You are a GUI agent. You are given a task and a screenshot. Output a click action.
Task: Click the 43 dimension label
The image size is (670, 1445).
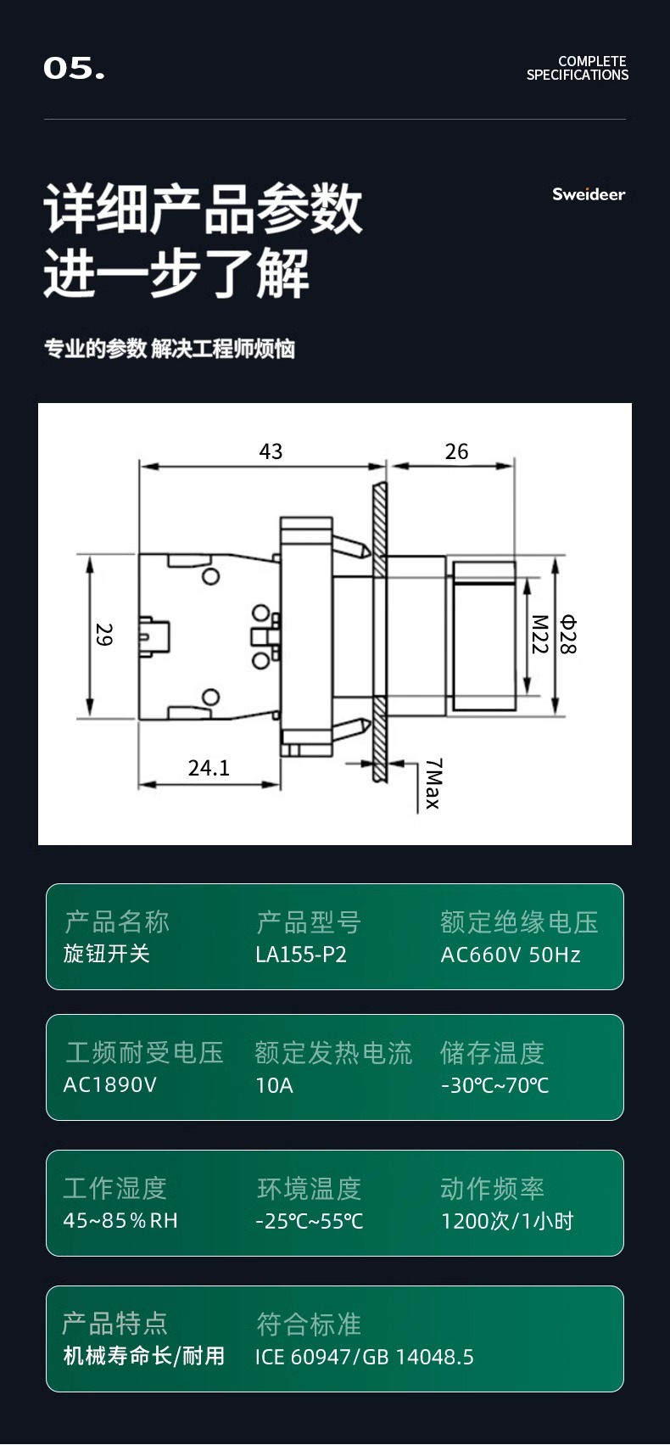click(x=271, y=451)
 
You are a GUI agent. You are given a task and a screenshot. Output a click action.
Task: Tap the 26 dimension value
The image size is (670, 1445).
click(x=456, y=451)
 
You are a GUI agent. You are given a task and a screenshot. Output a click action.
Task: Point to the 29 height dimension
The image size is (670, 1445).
click(x=103, y=634)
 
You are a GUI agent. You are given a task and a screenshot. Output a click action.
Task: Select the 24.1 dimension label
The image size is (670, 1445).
click(x=209, y=768)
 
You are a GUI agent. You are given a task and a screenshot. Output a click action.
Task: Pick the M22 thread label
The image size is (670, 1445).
click(x=539, y=634)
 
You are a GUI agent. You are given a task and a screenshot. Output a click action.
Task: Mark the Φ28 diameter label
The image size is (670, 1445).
click(x=567, y=635)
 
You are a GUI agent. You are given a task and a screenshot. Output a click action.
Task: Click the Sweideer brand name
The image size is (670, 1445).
click(x=589, y=194)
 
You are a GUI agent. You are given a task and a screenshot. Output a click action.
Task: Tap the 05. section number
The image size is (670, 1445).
click(x=74, y=69)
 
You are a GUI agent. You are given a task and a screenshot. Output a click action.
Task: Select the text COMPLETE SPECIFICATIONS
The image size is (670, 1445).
click(x=578, y=68)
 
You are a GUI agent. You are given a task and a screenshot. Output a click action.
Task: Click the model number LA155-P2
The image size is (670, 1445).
click(x=301, y=954)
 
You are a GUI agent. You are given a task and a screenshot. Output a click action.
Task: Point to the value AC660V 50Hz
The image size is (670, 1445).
click(x=511, y=954)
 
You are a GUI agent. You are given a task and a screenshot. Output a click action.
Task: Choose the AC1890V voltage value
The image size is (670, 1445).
click(x=109, y=1084)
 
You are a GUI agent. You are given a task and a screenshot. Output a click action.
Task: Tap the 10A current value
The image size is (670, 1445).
click(x=275, y=1085)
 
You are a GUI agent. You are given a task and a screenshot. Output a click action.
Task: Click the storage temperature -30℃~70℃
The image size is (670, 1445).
click(x=494, y=1085)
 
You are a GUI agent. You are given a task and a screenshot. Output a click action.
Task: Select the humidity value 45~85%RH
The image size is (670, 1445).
click(x=120, y=1220)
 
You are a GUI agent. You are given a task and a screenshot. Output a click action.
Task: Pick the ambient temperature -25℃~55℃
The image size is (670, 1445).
click(x=310, y=1220)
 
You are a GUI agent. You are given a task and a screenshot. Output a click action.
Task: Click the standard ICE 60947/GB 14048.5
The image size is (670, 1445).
click(x=365, y=1357)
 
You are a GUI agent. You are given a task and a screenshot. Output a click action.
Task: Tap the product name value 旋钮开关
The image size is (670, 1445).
click(x=106, y=954)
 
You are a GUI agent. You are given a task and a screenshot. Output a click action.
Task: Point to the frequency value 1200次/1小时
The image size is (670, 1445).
click(x=507, y=1220)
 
